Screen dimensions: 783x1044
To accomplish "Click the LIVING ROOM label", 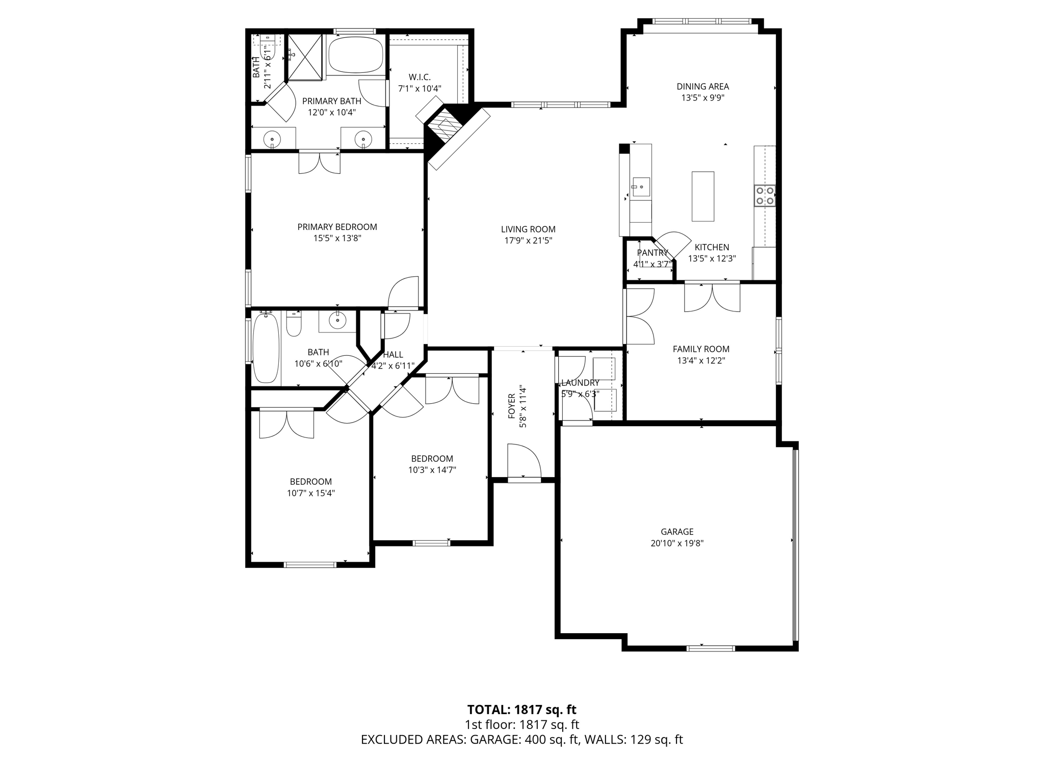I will [x=528, y=229].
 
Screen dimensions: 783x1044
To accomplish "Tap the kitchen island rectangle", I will [x=702, y=196].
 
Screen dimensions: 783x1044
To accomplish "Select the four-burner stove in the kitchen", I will [x=765, y=196].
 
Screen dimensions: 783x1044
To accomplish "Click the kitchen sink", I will [x=641, y=187].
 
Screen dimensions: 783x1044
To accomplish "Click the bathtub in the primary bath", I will [x=355, y=56].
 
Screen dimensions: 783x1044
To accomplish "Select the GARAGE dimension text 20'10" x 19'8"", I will [x=677, y=543].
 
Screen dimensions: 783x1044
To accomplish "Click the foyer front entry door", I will [x=524, y=461].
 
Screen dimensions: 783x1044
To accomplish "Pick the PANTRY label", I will [x=652, y=253].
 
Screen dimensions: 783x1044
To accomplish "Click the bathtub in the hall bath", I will [x=266, y=348].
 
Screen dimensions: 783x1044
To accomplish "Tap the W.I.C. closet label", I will [x=420, y=77].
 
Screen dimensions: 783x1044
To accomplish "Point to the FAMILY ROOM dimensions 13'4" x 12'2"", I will [x=701, y=360].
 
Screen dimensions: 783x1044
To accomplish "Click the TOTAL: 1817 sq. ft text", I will [x=521, y=710].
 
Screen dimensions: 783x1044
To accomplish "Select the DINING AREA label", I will [x=702, y=87].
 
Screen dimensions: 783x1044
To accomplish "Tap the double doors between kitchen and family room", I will [x=712, y=297].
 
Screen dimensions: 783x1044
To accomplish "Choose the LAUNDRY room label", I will [x=580, y=383].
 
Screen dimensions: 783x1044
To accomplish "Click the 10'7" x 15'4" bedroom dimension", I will [x=310, y=493].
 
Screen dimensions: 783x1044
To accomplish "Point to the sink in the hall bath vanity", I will [x=337, y=321].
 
